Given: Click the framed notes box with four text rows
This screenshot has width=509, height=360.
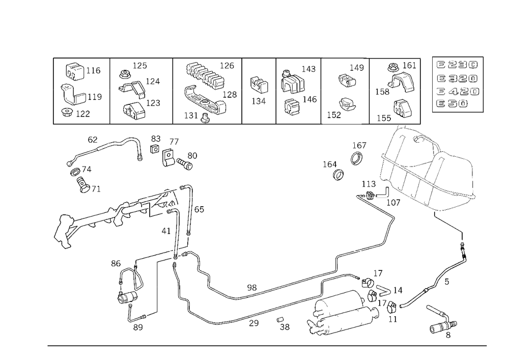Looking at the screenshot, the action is (457, 85).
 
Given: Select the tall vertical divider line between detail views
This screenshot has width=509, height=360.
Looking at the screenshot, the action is (109, 91).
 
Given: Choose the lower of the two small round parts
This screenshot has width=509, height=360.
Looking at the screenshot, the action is (337, 175).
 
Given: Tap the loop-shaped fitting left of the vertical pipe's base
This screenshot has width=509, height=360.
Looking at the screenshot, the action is (130, 285).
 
